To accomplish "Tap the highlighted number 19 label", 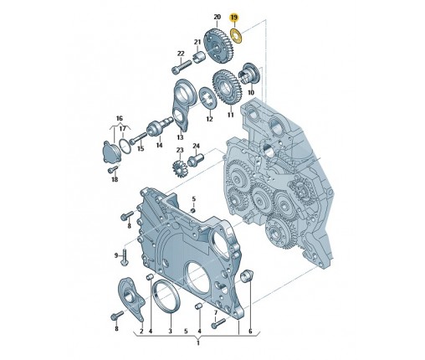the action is click(x=234, y=18).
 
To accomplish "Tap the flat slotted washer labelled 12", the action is click(x=207, y=98).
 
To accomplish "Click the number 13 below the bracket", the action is click(x=180, y=137).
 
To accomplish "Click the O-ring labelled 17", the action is click(x=125, y=146).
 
